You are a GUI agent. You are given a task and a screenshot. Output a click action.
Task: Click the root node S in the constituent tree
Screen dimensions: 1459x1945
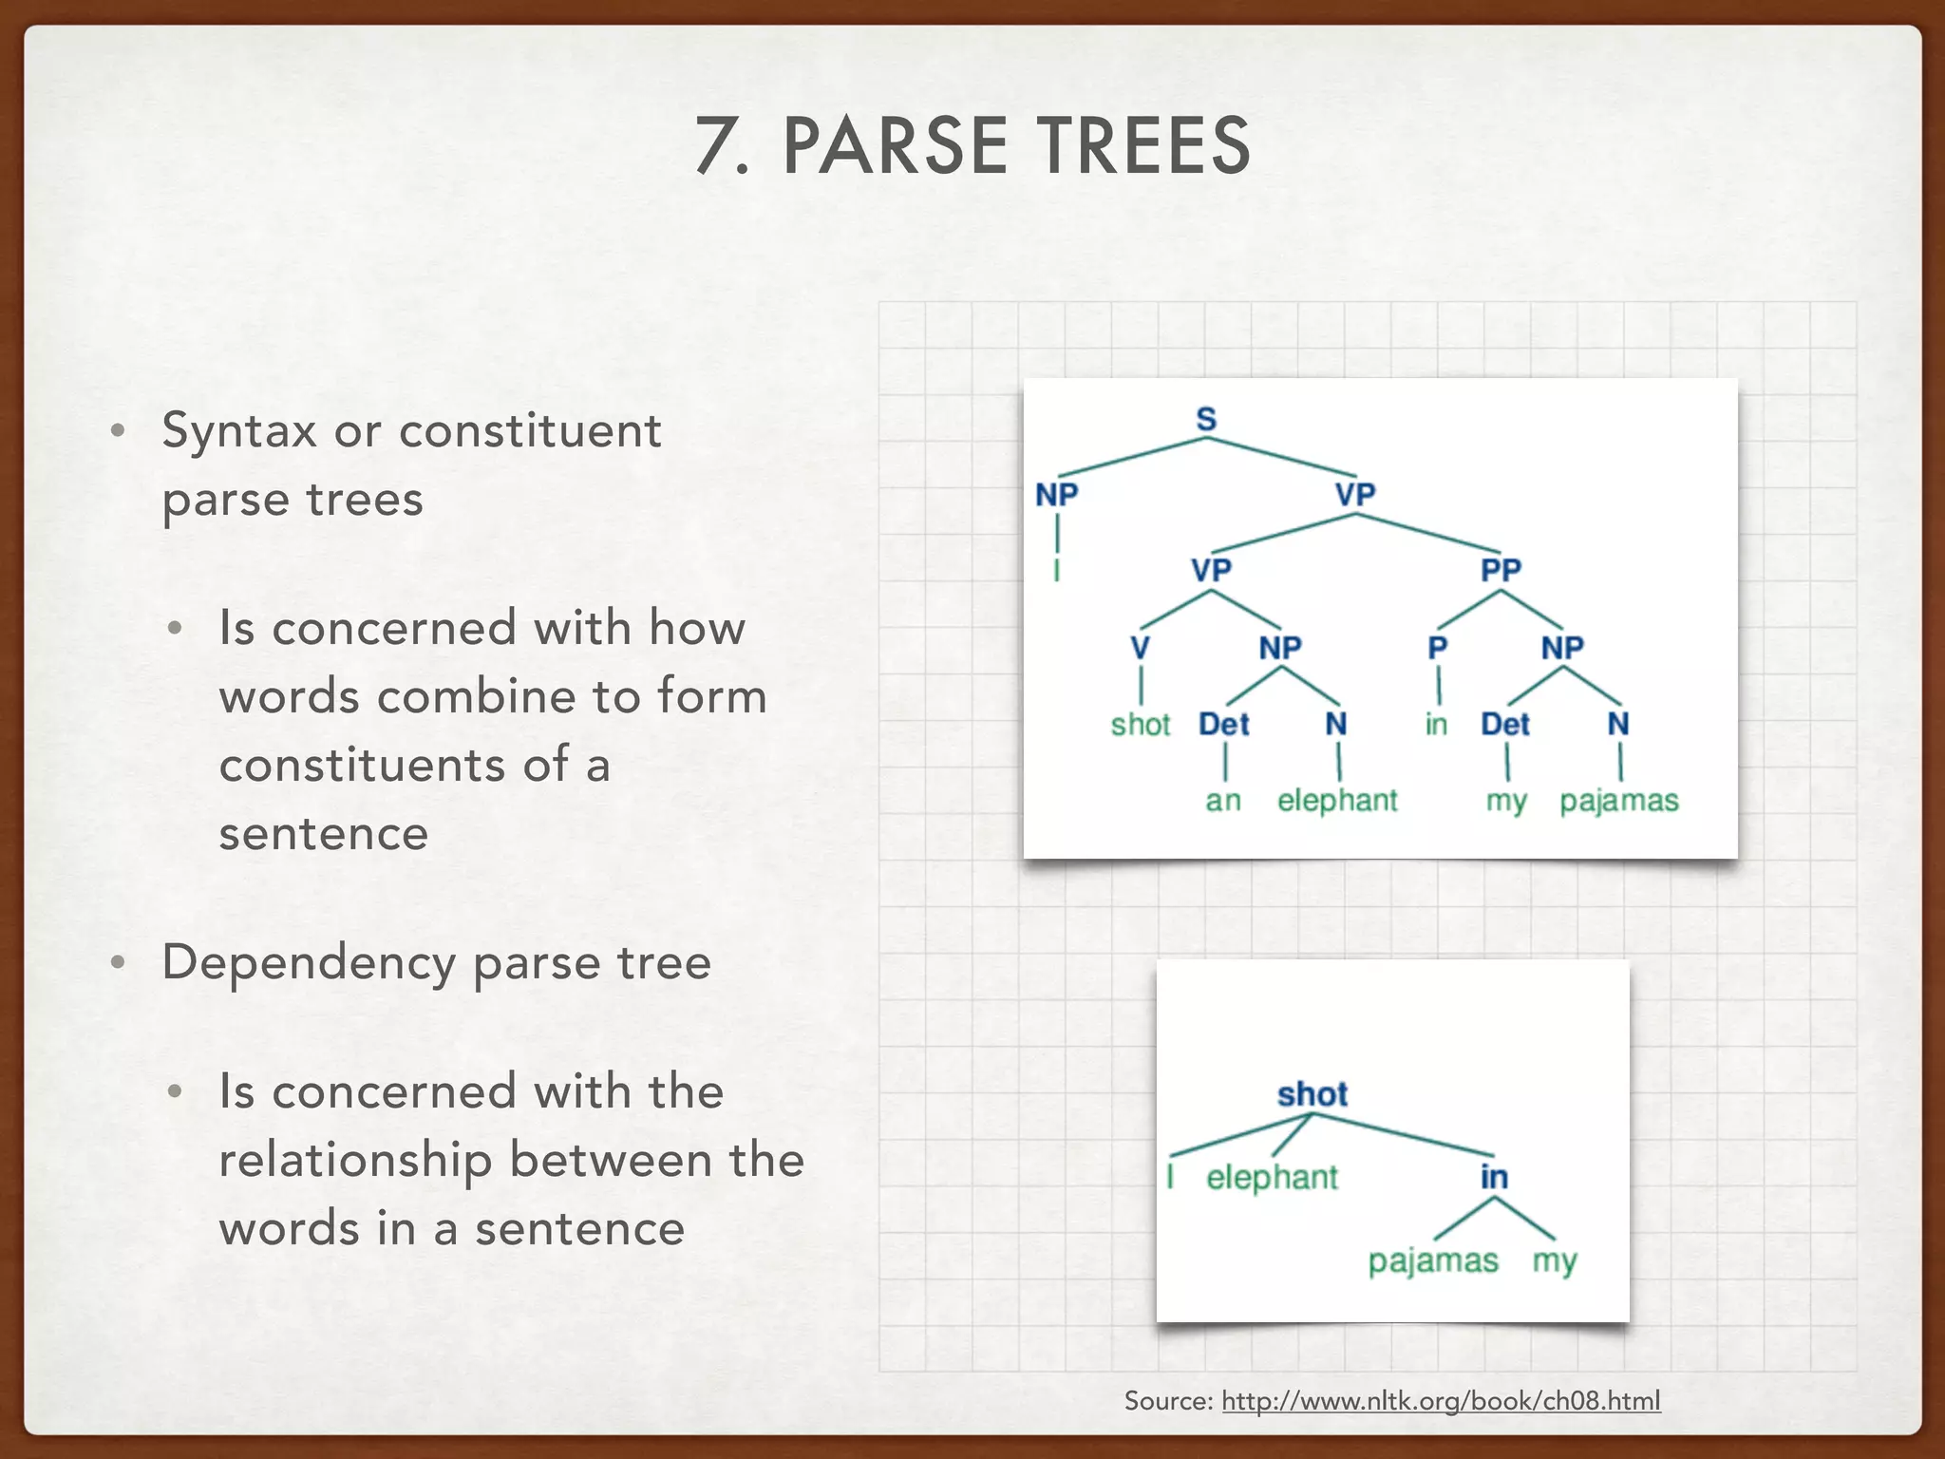[x=1206, y=419]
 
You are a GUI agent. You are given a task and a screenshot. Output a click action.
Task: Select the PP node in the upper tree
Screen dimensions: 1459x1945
[x=1501, y=570]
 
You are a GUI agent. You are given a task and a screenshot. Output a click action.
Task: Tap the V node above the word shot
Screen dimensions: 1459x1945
[x=1140, y=648]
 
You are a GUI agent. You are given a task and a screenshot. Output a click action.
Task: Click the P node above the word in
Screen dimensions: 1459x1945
[x=1438, y=648]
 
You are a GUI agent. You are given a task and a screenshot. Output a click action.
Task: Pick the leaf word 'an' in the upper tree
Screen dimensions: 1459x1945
[x=1223, y=801]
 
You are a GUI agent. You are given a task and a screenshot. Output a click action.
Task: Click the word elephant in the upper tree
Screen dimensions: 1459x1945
[x=1337, y=801]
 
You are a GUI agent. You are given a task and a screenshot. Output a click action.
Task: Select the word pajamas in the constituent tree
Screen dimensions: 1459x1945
[x=1619, y=801]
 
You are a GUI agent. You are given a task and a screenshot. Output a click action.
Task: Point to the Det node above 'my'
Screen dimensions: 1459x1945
[x=1505, y=725]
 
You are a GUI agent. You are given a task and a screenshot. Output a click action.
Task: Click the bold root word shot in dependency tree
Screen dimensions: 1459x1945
[x=1312, y=1094]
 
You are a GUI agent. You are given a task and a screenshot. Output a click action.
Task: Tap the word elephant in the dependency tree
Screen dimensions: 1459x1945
[x=1272, y=1178]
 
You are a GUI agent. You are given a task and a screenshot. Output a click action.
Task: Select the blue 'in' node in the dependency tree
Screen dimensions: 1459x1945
[x=1494, y=1178]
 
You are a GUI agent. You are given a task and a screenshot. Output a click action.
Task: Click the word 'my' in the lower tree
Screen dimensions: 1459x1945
[x=1554, y=1261]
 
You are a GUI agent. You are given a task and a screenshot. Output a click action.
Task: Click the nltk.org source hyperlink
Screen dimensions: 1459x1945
[x=1441, y=1401]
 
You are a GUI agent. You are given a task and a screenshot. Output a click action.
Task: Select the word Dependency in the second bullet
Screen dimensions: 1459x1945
[x=309, y=963]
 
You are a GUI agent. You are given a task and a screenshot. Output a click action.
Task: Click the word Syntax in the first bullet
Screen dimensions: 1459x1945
[x=238, y=431]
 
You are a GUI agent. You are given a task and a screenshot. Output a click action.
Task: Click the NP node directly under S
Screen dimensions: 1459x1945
[x=1057, y=495]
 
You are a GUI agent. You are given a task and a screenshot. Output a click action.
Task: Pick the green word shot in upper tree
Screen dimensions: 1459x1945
[x=1141, y=725]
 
